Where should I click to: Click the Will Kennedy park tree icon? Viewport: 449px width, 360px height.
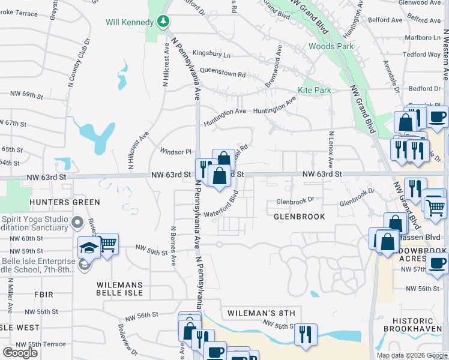(163, 22)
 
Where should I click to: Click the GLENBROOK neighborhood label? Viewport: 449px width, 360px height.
(300, 216)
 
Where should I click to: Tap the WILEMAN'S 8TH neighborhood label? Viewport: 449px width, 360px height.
(262, 313)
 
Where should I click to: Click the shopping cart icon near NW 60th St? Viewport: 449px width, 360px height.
(108, 243)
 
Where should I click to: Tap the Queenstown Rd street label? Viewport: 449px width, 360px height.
(223, 72)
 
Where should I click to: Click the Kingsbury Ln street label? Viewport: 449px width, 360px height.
(211, 55)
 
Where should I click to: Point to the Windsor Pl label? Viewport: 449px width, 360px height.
(175, 152)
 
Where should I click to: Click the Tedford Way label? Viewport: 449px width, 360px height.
(422, 55)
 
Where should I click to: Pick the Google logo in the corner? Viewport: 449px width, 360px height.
(20, 353)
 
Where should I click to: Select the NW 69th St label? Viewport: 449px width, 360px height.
(28, 95)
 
